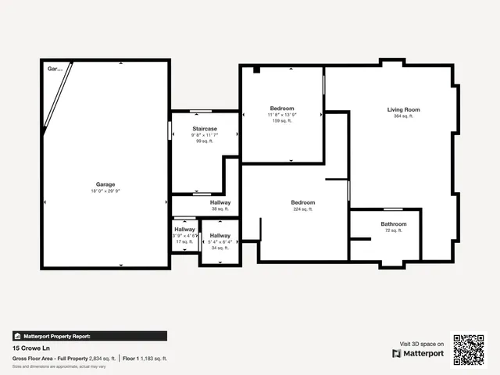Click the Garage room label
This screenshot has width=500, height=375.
tap(105, 184)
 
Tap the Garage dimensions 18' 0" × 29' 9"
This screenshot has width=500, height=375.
tap(105, 191)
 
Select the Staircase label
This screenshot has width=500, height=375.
tap(205, 128)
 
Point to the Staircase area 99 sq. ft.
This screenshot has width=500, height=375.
tap(205, 141)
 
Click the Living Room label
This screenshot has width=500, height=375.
tap(404, 109)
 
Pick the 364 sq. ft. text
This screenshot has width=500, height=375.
tap(404, 116)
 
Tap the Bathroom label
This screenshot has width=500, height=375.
tap(394, 224)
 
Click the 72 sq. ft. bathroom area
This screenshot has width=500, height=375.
tap(394, 230)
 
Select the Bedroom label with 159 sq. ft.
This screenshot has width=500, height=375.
tap(282, 108)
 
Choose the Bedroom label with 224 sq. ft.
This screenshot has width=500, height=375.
tap(303, 202)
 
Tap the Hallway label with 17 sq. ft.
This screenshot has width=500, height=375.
tap(185, 229)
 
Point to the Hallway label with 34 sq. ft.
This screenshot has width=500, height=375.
tap(220, 235)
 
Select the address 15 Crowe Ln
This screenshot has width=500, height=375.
tap(30, 348)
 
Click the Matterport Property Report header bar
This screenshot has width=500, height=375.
tap(89, 336)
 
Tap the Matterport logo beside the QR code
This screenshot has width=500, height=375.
tap(418, 353)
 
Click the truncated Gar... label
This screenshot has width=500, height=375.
tap(55, 69)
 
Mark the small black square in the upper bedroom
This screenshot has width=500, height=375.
tap(256, 70)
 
